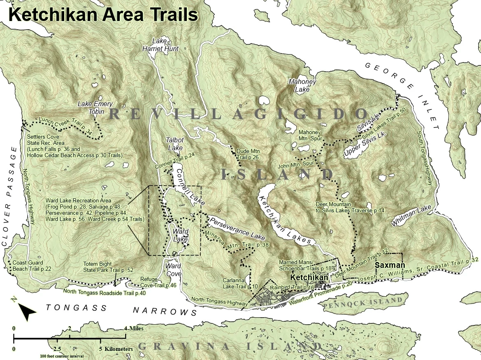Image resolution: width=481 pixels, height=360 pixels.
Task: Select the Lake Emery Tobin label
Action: pyautogui.click(x=95, y=107)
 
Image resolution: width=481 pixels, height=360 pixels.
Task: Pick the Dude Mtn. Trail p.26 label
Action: pyautogui.click(x=249, y=154)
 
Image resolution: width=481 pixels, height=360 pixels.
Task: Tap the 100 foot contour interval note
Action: pyautogui.click(x=62, y=356)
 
